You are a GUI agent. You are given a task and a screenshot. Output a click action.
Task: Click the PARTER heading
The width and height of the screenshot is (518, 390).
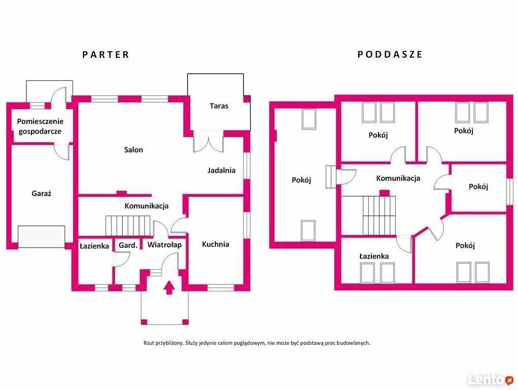[106, 54]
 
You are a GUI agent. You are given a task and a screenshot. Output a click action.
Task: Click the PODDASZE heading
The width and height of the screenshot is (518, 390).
[390, 54]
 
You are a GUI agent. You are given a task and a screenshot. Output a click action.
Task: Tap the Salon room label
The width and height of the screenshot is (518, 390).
[133, 149]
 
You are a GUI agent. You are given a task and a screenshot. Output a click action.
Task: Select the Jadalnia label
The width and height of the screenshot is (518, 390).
[221, 170]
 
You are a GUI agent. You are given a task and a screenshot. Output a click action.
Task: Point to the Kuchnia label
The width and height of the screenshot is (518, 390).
[216, 244]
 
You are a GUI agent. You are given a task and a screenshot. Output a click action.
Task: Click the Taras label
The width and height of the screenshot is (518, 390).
[219, 106]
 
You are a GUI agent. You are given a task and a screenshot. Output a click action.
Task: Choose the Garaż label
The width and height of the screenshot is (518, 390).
[41, 193]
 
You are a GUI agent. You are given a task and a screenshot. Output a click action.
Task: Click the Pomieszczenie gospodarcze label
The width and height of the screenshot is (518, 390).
[40, 126]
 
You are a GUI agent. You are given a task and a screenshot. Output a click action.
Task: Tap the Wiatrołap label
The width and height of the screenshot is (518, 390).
[164, 245]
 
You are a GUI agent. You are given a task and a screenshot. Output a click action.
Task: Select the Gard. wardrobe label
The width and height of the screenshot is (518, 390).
[128, 245]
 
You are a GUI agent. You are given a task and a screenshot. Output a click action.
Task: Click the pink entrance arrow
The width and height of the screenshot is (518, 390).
[169, 287]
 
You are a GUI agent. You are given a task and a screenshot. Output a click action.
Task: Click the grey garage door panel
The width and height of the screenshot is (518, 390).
[41, 237]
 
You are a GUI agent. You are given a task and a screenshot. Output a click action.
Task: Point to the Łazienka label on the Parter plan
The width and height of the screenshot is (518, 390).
[94, 246]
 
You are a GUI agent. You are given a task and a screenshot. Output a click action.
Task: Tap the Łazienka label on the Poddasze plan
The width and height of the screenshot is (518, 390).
[374, 256]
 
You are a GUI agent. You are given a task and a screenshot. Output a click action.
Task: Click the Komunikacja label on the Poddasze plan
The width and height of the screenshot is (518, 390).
[398, 178]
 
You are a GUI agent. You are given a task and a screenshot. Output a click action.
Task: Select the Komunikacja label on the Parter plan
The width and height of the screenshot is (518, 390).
[146, 206]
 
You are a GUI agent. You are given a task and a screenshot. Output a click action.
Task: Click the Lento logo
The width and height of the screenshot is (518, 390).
[491, 379]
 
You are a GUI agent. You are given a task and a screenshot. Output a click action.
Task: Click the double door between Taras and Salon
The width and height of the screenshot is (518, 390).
[209, 142]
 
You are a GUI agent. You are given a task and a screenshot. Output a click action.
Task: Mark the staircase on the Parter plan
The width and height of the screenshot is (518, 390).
[128, 226]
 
